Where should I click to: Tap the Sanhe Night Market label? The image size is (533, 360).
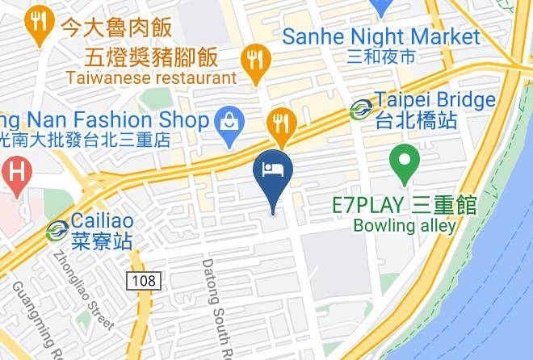(381, 37)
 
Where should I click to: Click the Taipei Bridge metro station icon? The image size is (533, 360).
(361, 108)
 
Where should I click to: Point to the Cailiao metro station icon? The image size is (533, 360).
(57, 229)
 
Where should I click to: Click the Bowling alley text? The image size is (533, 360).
(405, 226)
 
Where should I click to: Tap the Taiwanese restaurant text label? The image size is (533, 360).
(152, 78)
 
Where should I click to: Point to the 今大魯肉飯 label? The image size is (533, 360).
(116, 27)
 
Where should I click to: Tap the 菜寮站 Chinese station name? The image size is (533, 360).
(102, 241)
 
